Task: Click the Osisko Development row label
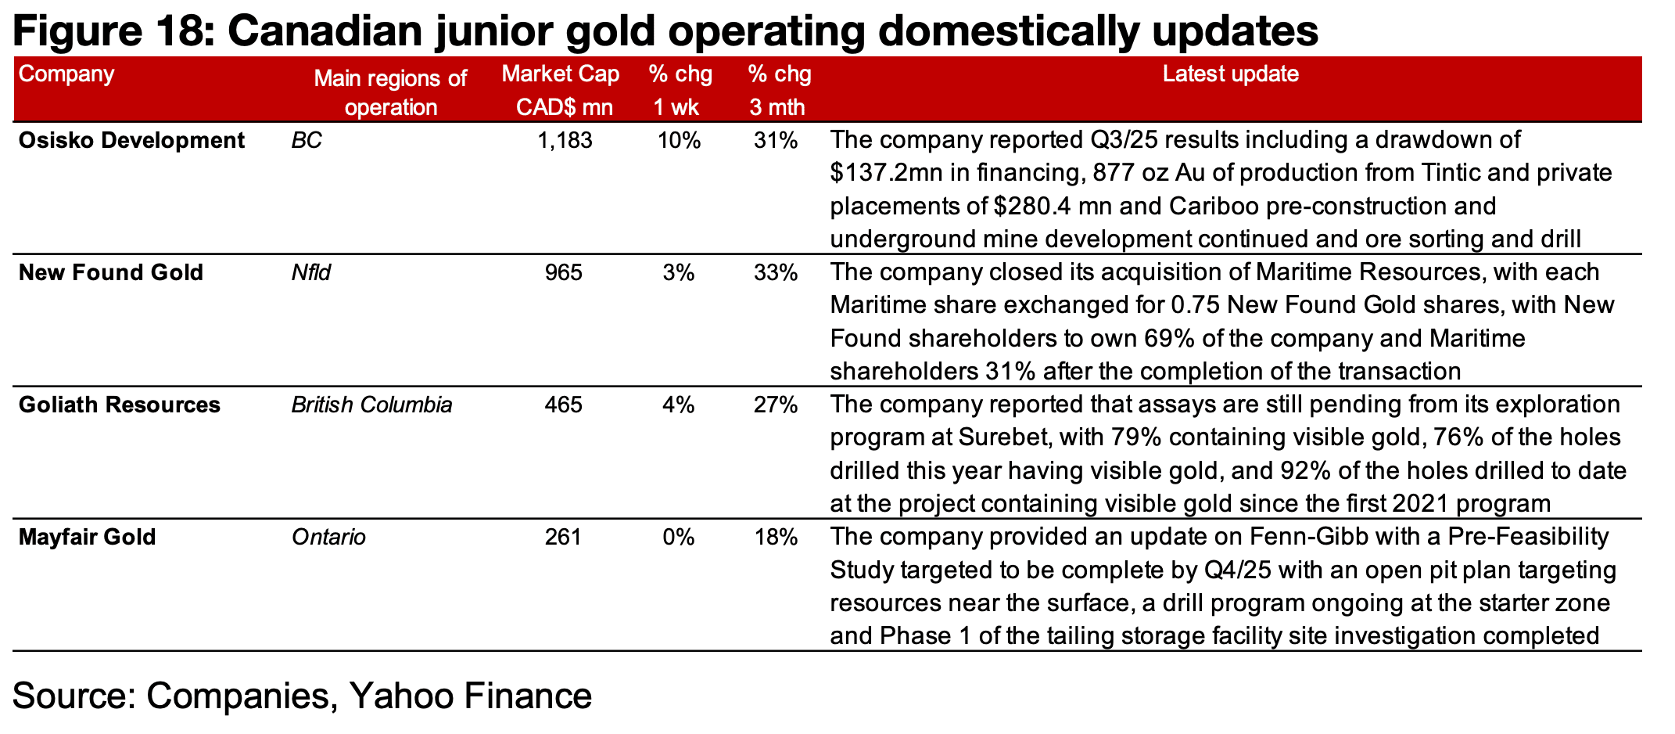(131, 141)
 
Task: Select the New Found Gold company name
(110, 273)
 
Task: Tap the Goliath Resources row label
(119, 405)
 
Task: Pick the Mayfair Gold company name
(87, 538)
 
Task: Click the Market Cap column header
(560, 90)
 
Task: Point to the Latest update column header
(1230, 74)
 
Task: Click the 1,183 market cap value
(565, 141)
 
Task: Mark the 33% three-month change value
(776, 273)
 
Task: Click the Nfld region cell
(310, 273)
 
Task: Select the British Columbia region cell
(371, 405)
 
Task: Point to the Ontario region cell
(328, 538)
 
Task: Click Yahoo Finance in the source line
(469, 696)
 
